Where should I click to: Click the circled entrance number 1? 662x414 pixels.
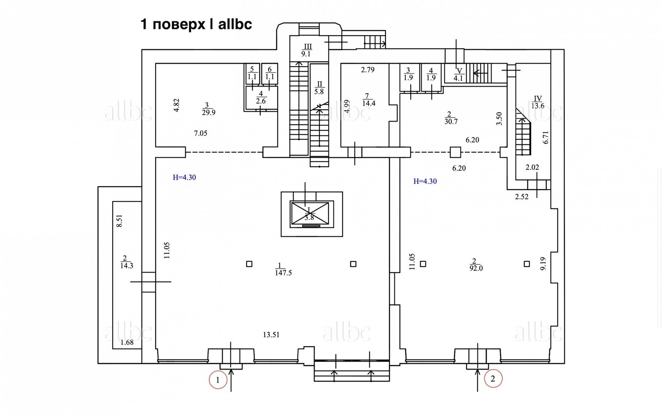click(x=218, y=380)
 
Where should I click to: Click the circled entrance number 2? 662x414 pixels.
click(x=493, y=378)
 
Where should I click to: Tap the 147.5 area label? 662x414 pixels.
click(x=283, y=273)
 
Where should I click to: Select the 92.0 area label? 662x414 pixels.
click(x=476, y=268)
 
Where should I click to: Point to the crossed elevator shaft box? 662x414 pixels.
click(x=309, y=214)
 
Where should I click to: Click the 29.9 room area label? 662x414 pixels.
click(x=209, y=112)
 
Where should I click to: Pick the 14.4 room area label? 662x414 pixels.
click(x=369, y=103)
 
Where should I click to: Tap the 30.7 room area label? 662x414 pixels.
click(x=451, y=122)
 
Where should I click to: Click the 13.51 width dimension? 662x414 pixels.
click(x=271, y=335)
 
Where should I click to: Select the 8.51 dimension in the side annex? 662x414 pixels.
click(x=119, y=221)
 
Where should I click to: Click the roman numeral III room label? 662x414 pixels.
click(x=308, y=47)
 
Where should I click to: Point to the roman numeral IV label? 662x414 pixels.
click(x=538, y=99)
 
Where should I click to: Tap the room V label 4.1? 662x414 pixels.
click(x=458, y=78)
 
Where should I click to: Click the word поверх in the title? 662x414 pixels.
click(x=179, y=24)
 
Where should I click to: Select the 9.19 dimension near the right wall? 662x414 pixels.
click(x=543, y=264)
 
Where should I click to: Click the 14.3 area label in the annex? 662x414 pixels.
click(x=127, y=265)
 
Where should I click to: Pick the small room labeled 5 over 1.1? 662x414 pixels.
click(x=253, y=73)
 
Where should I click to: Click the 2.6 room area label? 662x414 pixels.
click(x=261, y=101)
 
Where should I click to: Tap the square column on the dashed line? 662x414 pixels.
click(x=456, y=152)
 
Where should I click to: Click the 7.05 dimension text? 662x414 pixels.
click(x=200, y=133)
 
